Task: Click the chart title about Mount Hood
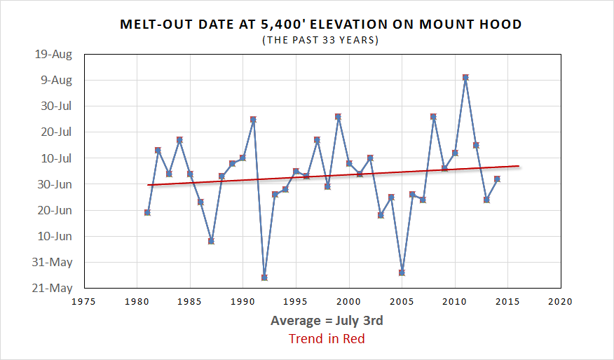point(321,24)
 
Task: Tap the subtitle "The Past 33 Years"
point(320,40)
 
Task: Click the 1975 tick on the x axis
point(84,302)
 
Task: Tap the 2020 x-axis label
point(561,302)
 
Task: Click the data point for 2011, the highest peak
point(465,78)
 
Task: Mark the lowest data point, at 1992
point(264,277)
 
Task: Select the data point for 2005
point(402,272)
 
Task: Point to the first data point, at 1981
point(147,212)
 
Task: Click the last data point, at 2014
point(497,179)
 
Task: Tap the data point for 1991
point(253,120)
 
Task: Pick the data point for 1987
point(211,241)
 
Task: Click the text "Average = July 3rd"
point(327,321)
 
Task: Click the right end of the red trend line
point(519,166)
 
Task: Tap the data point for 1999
point(338,117)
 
